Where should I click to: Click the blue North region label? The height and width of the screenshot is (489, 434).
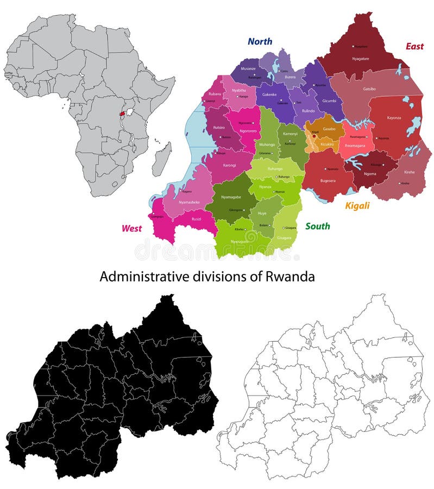(260, 41)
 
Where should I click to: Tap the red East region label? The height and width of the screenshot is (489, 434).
(414, 47)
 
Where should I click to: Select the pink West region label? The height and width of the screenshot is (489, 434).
(131, 228)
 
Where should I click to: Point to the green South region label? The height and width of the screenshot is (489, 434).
(318, 226)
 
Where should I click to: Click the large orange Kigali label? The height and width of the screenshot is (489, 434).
(357, 205)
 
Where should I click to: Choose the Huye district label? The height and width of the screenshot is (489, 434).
(262, 214)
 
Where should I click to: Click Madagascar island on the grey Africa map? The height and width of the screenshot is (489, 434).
(162, 159)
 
